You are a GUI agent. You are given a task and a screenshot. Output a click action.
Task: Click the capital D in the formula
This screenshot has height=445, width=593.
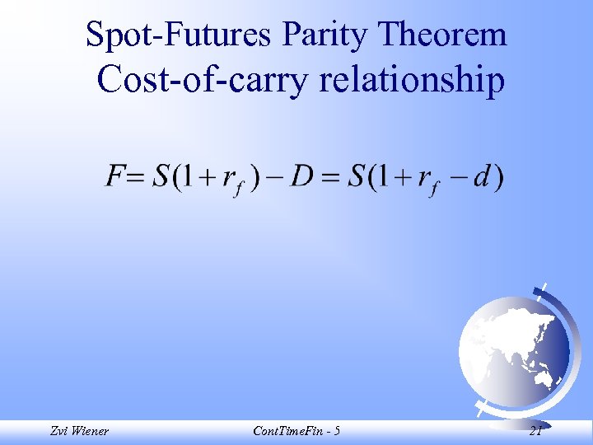(304, 177)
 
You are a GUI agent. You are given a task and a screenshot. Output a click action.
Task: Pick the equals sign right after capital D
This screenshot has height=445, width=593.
(330, 177)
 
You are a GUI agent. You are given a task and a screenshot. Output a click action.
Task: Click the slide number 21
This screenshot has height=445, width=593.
(535, 431)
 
